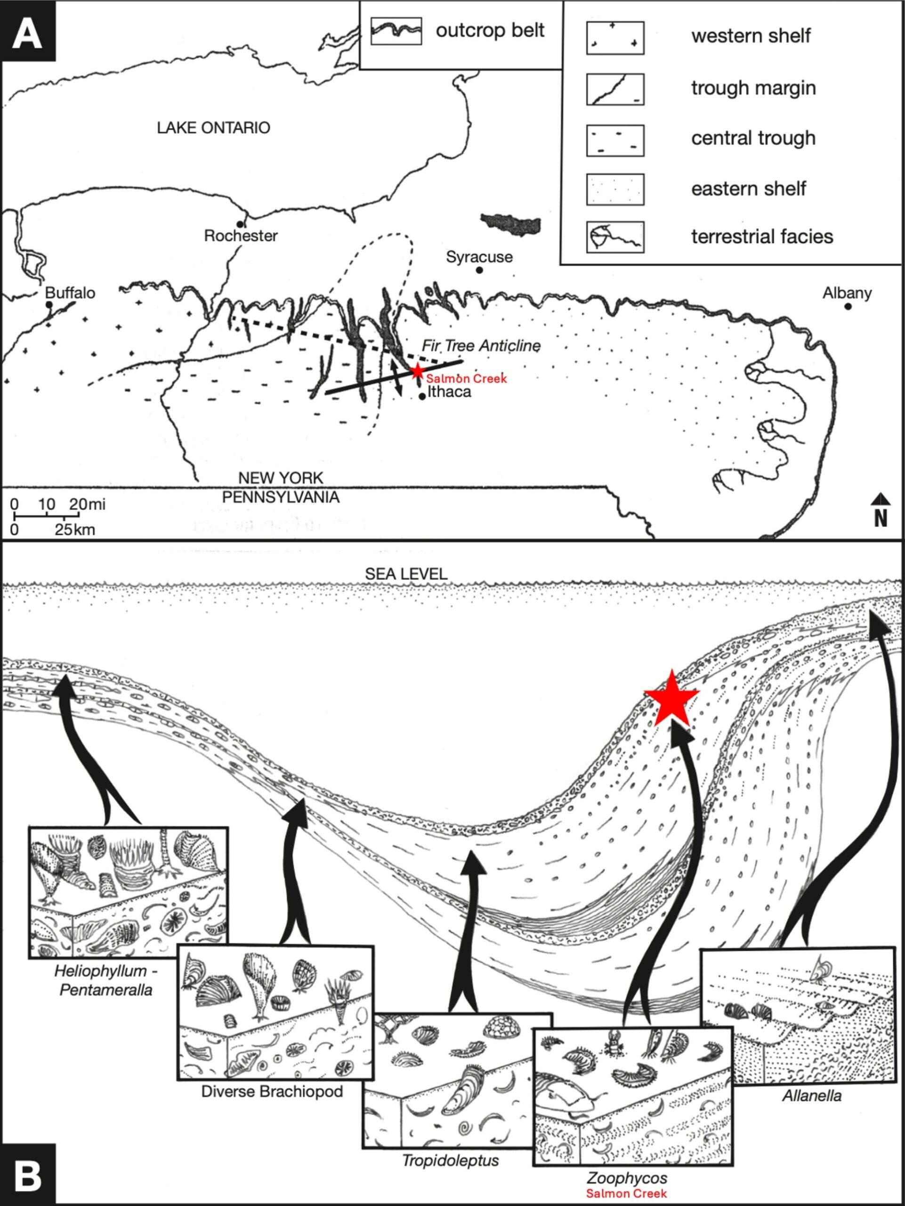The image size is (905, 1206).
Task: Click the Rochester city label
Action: [x=241, y=236]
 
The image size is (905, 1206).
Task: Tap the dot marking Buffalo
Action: [x=49, y=304]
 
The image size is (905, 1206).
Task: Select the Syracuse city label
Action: [x=479, y=257]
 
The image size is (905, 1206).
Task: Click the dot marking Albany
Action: [x=848, y=306]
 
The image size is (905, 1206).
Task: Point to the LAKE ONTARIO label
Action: [x=214, y=128]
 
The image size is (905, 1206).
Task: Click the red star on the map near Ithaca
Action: [x=417, y=371]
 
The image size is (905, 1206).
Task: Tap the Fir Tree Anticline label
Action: [x=481, y=346]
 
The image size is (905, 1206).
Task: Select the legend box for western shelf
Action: [x=615, y=38]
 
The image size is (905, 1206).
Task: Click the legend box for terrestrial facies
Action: [x=615, y=237]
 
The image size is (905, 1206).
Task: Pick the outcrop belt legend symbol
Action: [x=396, y=31]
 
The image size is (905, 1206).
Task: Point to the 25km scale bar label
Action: [x=75, y=530]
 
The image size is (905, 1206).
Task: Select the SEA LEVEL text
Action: [x=406, y=574]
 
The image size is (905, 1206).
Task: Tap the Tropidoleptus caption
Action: [x=450, y=1160]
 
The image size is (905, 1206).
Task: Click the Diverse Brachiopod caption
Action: [x=272, y=1091]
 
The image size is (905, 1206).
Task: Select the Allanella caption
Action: [x=812, y=1095]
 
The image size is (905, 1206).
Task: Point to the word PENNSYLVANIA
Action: [x=281, y=497]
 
